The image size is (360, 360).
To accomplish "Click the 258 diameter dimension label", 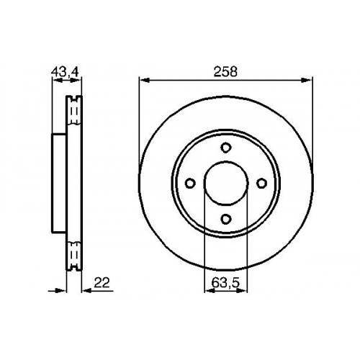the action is [225, 71].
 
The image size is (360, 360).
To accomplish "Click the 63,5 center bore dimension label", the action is [225, 283].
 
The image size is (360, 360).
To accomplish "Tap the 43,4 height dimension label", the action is [66, 71].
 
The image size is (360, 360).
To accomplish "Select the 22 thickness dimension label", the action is [102, 282].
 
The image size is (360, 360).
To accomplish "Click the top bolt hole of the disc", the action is [225, 148].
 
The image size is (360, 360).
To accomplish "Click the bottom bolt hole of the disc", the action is [225, 219].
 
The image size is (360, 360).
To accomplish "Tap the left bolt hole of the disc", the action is [190, 183].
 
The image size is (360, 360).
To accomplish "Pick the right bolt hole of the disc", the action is [261, 183].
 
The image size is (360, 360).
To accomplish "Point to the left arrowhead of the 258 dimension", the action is [145, 81].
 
